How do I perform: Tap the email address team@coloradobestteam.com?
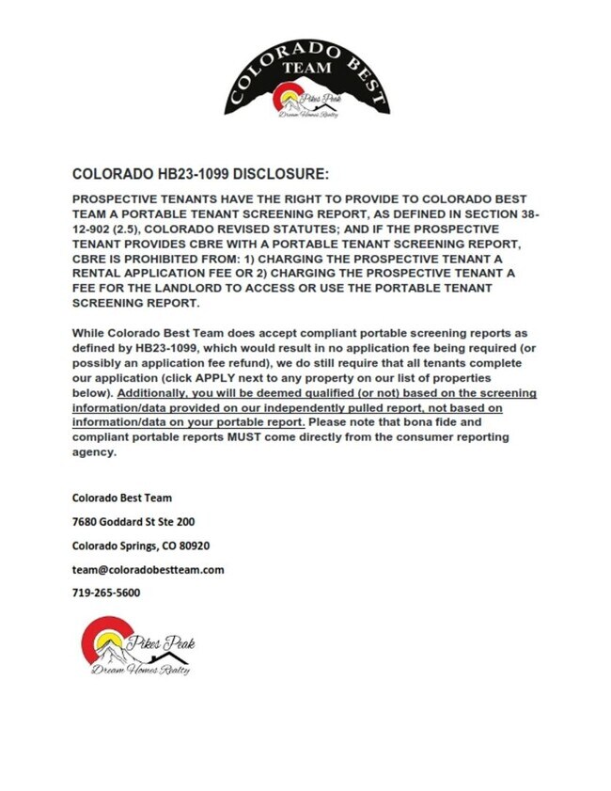click(149, 570)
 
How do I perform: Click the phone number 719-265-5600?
click(106, 593)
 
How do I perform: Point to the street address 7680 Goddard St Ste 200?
click(134, 521)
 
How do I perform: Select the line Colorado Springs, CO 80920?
click(141, 546)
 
